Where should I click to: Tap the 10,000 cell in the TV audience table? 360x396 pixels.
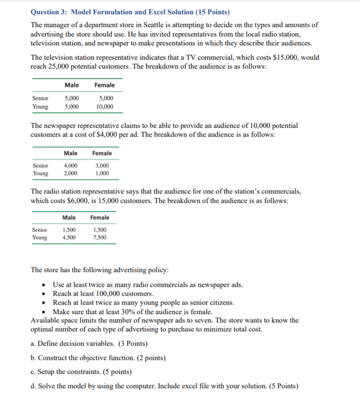tap(105, 107)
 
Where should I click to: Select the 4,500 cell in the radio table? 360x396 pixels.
tap(69, 238)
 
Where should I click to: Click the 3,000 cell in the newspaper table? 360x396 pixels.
tap(103, 165)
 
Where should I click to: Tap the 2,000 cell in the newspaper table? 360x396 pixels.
tap(71, 173)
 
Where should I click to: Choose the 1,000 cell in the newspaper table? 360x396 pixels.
tap(103, 173)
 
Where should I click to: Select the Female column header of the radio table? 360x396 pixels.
tap(100, 217)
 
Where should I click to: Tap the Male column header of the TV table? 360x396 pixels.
tap(72, 85)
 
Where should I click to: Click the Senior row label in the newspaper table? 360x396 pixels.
tap(40, 165)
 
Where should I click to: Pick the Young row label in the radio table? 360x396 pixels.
tap(40, 238)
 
